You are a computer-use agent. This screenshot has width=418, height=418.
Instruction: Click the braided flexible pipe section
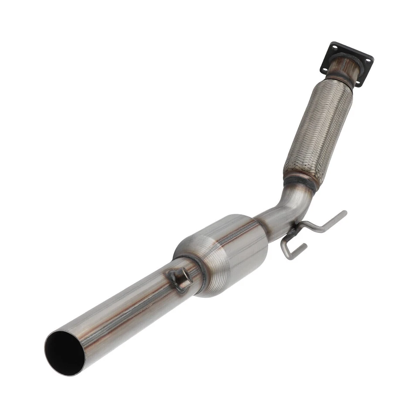coord(318,131)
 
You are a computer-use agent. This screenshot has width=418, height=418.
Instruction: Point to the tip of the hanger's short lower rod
coord(305,246)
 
